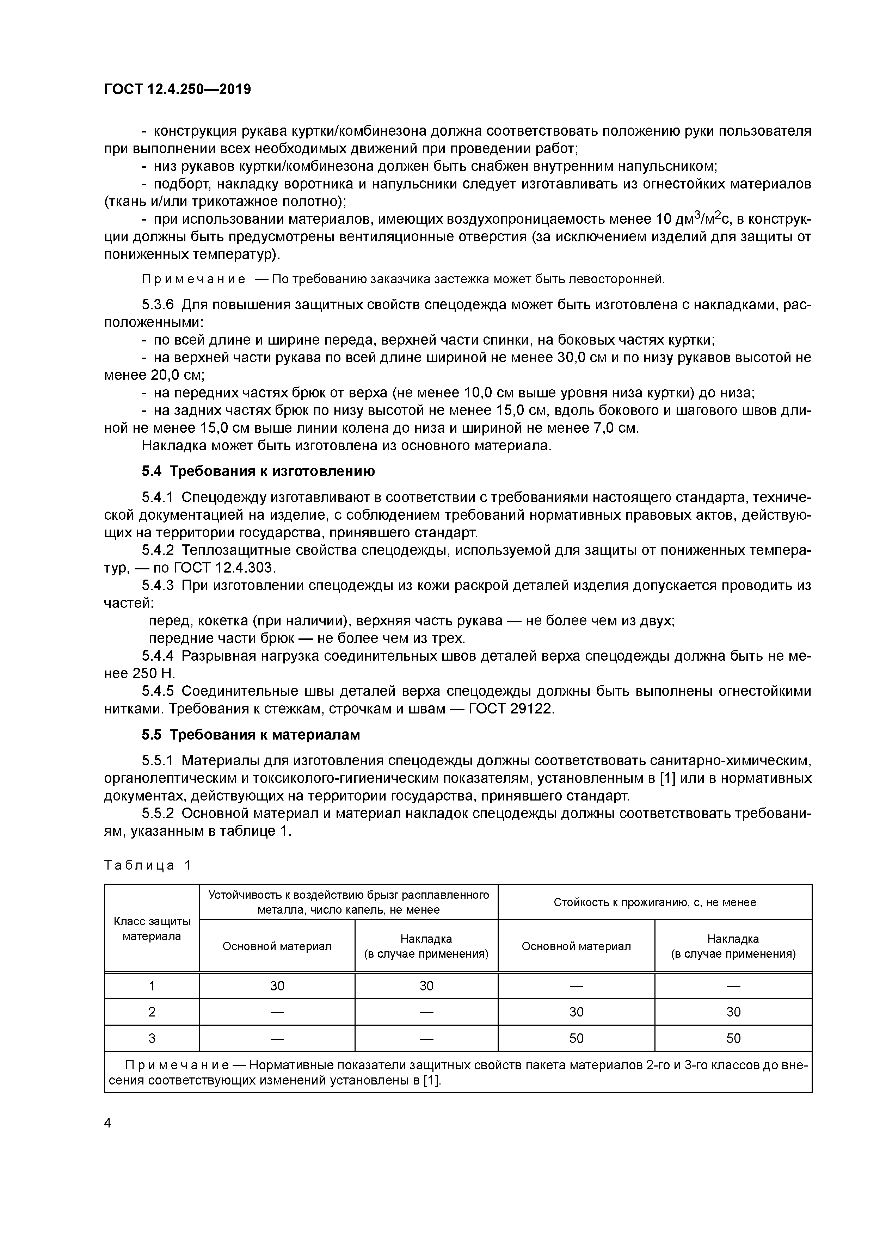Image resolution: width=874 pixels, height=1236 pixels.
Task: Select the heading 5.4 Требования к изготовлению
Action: click(x=258, y=471)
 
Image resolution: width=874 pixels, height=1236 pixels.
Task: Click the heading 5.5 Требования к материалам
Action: click(x=251, y=735)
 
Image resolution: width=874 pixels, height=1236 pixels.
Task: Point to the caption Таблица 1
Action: click(x=147, y=866)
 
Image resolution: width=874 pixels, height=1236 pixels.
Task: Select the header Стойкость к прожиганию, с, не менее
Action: click(x=654, y=902)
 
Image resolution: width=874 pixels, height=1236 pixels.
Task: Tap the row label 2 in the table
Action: click(x=152, y=1012)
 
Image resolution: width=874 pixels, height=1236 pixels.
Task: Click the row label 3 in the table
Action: click(x=152, y=1038)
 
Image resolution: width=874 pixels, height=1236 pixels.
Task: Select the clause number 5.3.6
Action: click(x=158, y=305)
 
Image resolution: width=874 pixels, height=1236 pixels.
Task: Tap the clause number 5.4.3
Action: click(x=158, y=585)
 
